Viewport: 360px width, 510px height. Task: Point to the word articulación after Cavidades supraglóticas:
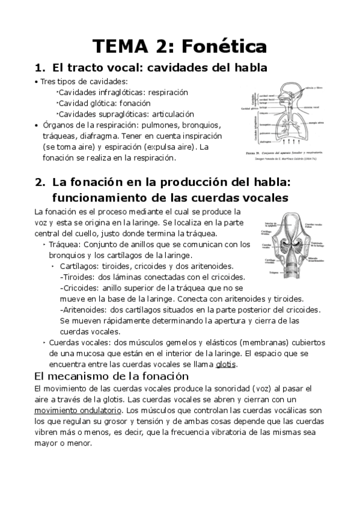pyautogui.click(x=173, y=114)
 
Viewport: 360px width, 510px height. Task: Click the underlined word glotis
pyautogui.click(x=226, y=364)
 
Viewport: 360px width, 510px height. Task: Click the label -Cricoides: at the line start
pyautogui.click(x=81, y=288)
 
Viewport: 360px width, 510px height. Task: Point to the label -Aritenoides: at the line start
pyautogui.click(x=84, y=310)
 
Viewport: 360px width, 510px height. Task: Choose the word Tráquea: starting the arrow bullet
pyautogui.click(x=64, y=245)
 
